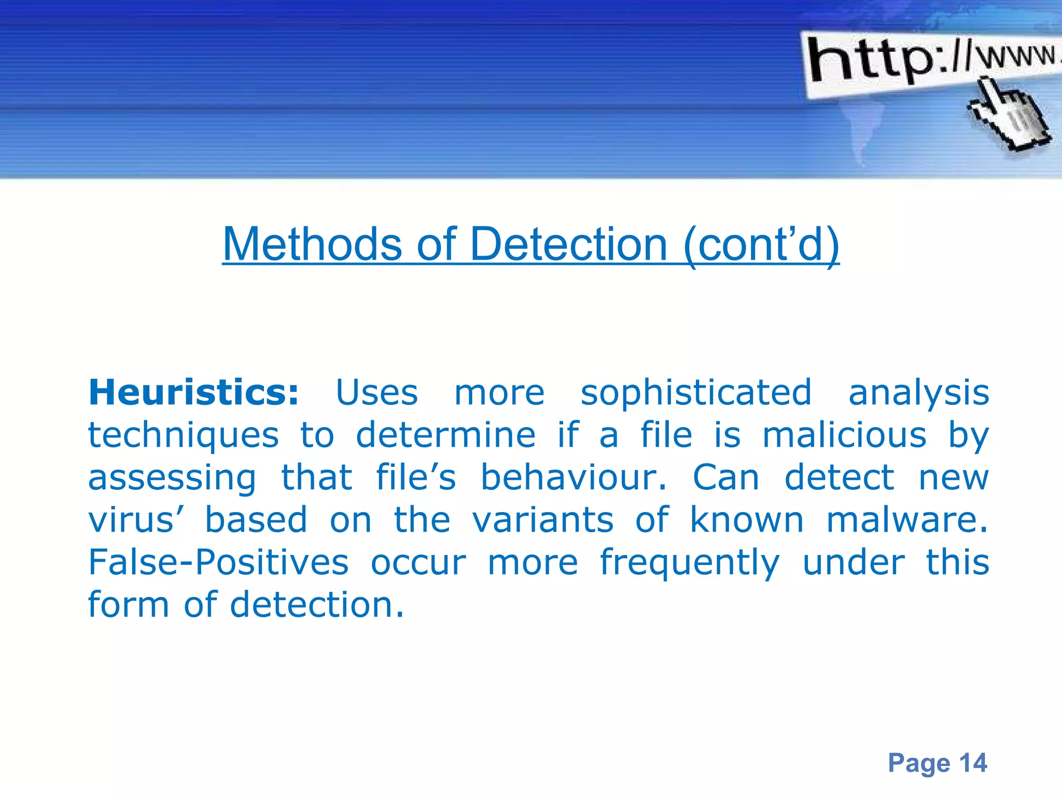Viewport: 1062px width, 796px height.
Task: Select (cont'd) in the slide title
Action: [x=761, y=245]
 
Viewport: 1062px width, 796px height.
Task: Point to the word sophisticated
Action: [x=696, y=392]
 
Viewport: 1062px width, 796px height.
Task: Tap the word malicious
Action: [x=844, y=435]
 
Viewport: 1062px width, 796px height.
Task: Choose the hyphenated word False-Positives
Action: [x=218, y=562]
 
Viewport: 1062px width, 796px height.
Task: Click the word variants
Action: [x=543, y=520]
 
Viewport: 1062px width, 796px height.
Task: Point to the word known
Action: [x=747, y=520]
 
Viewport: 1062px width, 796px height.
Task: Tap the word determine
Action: [x=445, y=435]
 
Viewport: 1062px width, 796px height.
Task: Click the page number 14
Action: [x=973, y=763]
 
